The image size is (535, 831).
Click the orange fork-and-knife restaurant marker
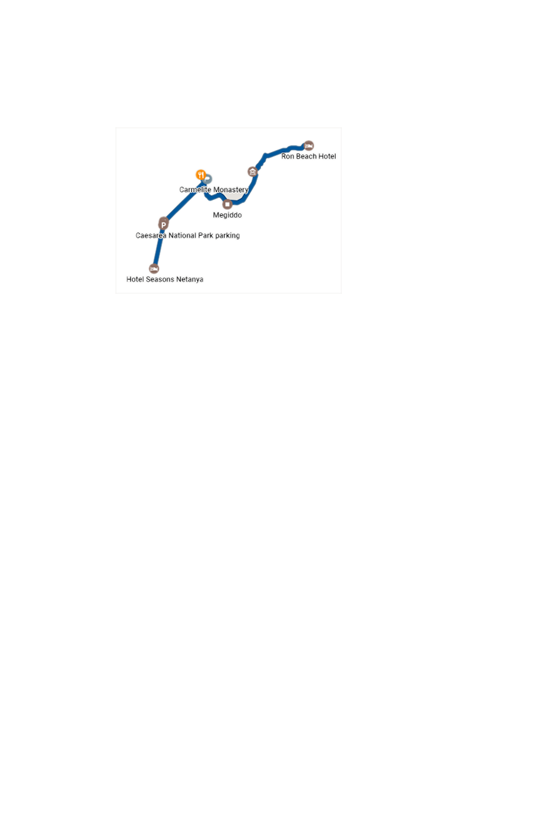pyautogui.click(x=200, y=175)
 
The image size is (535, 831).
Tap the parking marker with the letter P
pyautogui.click(x=163, y=225)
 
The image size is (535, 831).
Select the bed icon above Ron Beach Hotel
pyautogui.click(x=309, y=146)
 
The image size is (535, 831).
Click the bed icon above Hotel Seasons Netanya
pyautogui.click(x=154, y=268)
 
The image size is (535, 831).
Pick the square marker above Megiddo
pyautogui.click(x=227, y=204)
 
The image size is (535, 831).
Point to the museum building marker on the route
pyautogui.click(x=253, y=172)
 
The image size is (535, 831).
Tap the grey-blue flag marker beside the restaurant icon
pyautogui.click(x=207, y=179)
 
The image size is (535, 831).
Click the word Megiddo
pyautogui.click(x=227, y=215)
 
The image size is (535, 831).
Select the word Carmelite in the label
pyautogui.click(x=195, y=189)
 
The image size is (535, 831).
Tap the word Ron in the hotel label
pyautogui.click(x=288, y=156)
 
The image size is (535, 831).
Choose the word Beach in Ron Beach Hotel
pyautogui.click(x=306, y=156)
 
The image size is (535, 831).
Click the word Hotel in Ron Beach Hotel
pyautogui.click(x=327, y=156)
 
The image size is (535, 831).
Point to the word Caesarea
pyautogui.click(x=151, y=235)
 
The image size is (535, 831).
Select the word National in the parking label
pyautogui.click(x=182, y=235)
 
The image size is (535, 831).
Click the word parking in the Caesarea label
pyautogui.click(x=227, y=236)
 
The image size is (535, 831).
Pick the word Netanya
pyautogui.click(x=190, y=280)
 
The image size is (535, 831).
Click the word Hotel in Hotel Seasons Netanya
pyautogui.click(x=135, y=280)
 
